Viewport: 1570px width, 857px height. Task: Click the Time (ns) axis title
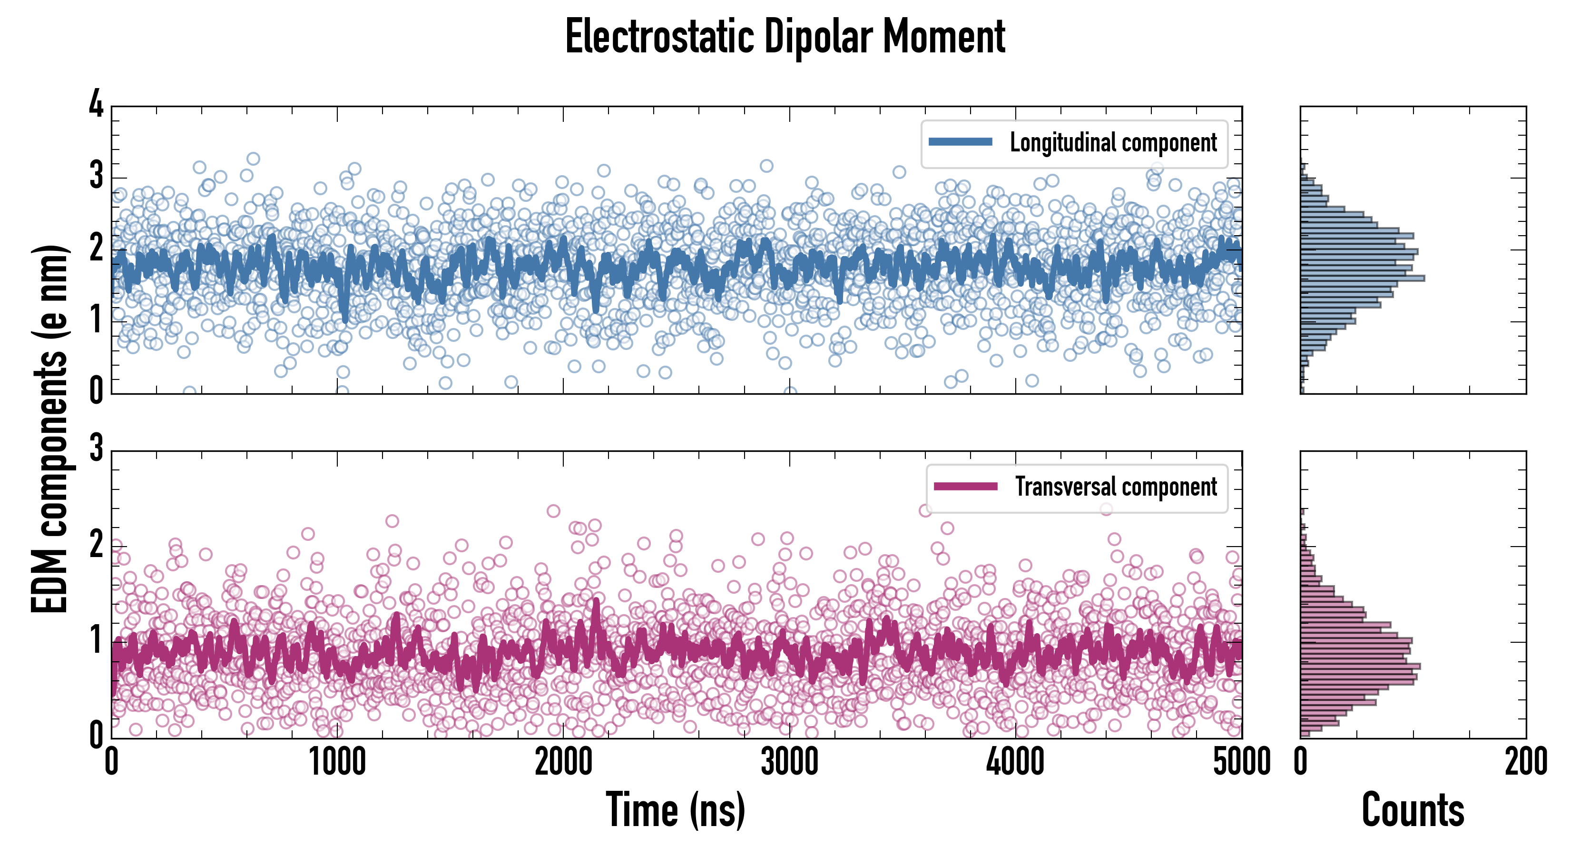point(675,810)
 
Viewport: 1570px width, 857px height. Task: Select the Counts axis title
point(1413,810)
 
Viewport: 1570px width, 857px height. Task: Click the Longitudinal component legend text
point(1113,143)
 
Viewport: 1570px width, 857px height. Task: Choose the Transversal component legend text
point(1115,487)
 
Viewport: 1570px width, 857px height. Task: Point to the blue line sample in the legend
point(960,142)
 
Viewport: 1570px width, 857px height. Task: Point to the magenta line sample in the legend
point(965,486)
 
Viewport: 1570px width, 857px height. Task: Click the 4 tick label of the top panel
point(96,105)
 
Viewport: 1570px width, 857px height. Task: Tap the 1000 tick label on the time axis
point(337,762)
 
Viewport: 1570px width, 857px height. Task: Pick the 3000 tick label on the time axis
point(789,762)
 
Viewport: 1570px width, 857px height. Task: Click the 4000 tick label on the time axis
point(1015,762)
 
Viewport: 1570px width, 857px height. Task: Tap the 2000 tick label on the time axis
point(563,762)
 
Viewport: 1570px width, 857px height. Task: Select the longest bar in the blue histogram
point(1362,278)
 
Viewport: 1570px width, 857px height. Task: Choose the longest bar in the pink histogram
point(1360,666)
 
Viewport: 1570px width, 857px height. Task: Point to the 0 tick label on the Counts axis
point(1301,762)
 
